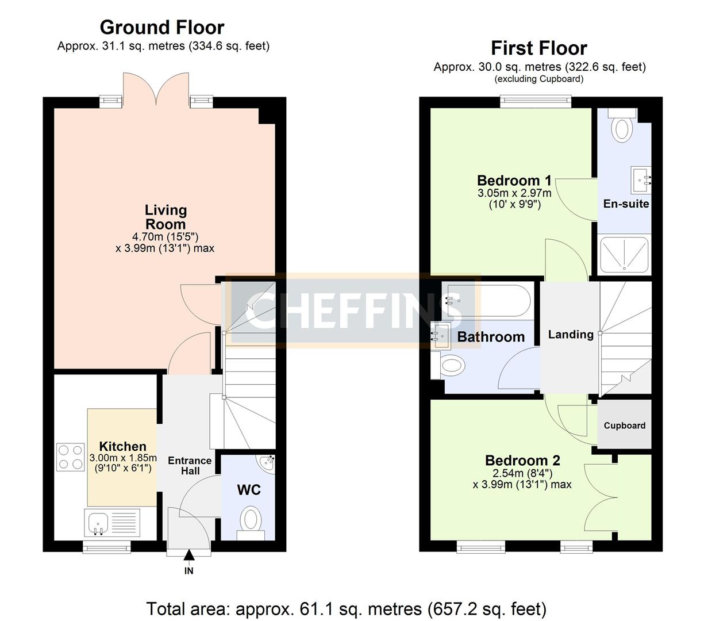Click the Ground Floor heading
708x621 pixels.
click(162, 27)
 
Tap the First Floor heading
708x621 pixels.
click(538, 48)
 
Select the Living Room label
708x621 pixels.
click(166, 217)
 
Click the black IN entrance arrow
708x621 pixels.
click(188, 555)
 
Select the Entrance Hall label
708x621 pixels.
click(190, 466)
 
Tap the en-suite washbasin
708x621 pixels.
click(642, 179)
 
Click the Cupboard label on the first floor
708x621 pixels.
click(625, 425)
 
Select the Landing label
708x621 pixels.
click(571, 334)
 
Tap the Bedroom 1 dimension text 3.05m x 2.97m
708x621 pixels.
click(514, 193)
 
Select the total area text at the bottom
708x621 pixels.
click(347, 608)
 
